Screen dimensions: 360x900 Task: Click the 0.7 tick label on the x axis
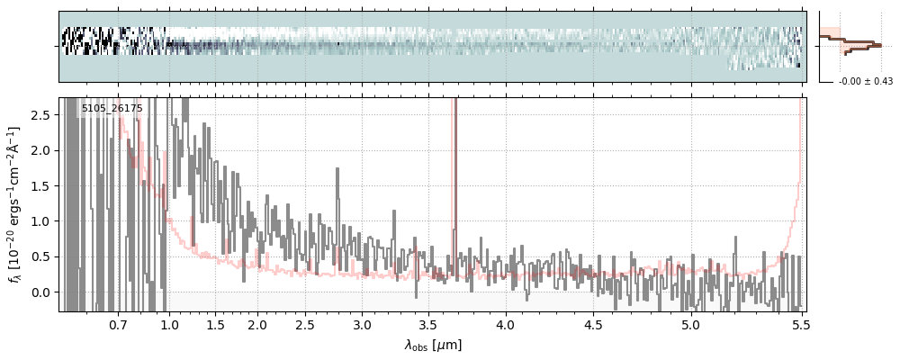[x=119, y=324]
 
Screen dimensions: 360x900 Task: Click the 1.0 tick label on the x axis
[x=169, y=324]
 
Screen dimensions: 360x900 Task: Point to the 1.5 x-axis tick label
[x=216, y=324]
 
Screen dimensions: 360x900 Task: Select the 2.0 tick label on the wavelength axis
[x=257, y=324]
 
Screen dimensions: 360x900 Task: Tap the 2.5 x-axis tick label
[x=306, y=324]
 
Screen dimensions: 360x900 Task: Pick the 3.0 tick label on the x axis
[x=362, y=324]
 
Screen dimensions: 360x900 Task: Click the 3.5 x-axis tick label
[x=428, y=324]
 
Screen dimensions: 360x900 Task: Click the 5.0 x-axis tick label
[x=690, y=324]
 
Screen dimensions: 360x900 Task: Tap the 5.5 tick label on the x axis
[x=798, y=324]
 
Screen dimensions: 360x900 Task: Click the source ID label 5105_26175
[x=112, y=109]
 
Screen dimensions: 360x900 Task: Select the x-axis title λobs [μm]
[x=432, y=345]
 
